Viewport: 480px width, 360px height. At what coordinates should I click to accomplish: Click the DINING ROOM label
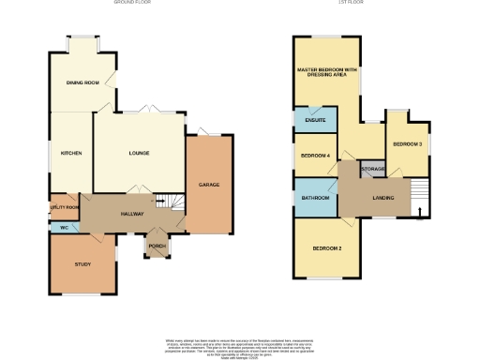(x=82, y=83)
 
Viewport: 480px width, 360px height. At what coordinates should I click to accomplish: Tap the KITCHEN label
(x=71, y=153)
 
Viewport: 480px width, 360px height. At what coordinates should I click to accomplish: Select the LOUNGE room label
(x=139, y=153)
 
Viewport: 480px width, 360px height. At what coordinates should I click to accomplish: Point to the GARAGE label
(x=208, y=185)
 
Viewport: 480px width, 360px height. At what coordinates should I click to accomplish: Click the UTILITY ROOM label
(x=64, y=206)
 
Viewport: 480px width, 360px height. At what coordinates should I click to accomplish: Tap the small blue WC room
(x=64, y=227)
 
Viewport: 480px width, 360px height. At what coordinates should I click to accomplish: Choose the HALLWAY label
(x=131, y=215)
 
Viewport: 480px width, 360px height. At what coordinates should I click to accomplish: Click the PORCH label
(x=157, y=247)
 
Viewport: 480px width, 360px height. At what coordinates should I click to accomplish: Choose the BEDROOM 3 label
(x=407, y=143)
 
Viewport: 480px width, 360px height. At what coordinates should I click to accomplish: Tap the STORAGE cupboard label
(x=373, y=169)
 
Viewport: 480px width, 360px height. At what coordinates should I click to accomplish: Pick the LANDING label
(x=382, y=198)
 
